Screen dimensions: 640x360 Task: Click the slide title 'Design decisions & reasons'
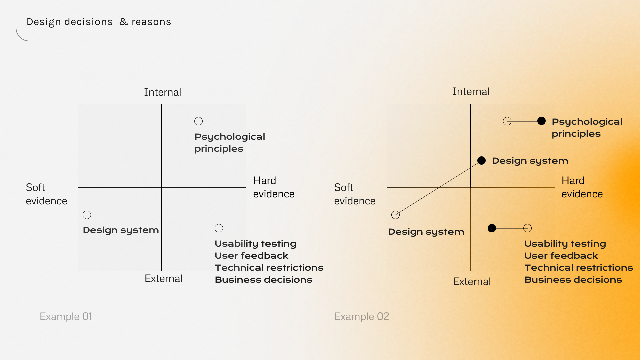(99, 22)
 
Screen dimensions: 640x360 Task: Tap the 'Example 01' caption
(66, 316)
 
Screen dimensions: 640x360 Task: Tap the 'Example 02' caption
(361, 316)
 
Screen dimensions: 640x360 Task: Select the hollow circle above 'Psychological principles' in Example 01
(198, 121)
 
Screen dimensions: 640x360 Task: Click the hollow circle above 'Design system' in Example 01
(87, 215)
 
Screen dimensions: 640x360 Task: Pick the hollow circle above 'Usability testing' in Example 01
(219, 228)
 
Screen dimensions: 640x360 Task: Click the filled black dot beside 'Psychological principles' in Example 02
(541, 121)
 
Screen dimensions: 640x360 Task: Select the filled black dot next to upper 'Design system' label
(481, 161)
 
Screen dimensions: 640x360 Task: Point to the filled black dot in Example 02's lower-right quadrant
(492, 228)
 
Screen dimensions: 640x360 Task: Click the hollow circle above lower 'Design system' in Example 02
(395, 215)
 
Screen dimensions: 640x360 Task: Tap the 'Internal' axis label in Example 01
(162, 92)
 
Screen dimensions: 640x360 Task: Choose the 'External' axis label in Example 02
(472, 282)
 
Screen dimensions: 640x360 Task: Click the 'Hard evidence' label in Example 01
(273, 187)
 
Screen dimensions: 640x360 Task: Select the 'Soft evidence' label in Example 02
(354, 194)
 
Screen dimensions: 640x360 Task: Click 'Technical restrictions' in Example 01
(269, 268)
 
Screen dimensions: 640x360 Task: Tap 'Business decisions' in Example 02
(573, 280)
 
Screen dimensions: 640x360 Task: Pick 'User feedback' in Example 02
(561, 256)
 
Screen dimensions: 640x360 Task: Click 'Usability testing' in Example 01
(255, 244)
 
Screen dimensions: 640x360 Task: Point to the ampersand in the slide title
(124, 22)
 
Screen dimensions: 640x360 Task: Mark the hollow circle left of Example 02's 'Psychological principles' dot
(507, 121)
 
